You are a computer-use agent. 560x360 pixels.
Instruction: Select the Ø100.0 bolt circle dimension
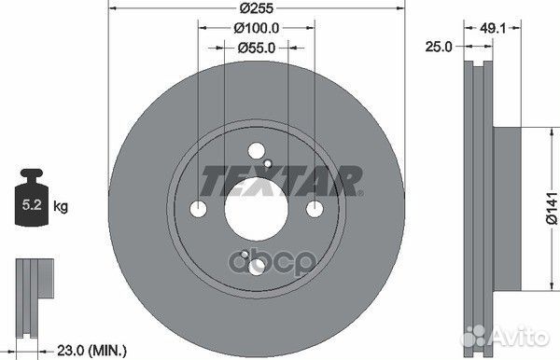click(x=259, y=28)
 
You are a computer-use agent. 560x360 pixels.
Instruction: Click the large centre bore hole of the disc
click(x=258, y=208)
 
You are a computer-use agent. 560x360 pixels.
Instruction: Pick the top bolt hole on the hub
click(x=258, y=151)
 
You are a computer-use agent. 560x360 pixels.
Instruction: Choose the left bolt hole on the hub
click(x=200, y=208)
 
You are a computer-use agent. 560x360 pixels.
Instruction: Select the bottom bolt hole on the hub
click(x=258, y=265)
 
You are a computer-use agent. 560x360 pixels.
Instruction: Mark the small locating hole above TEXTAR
click(x=271, y=164)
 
